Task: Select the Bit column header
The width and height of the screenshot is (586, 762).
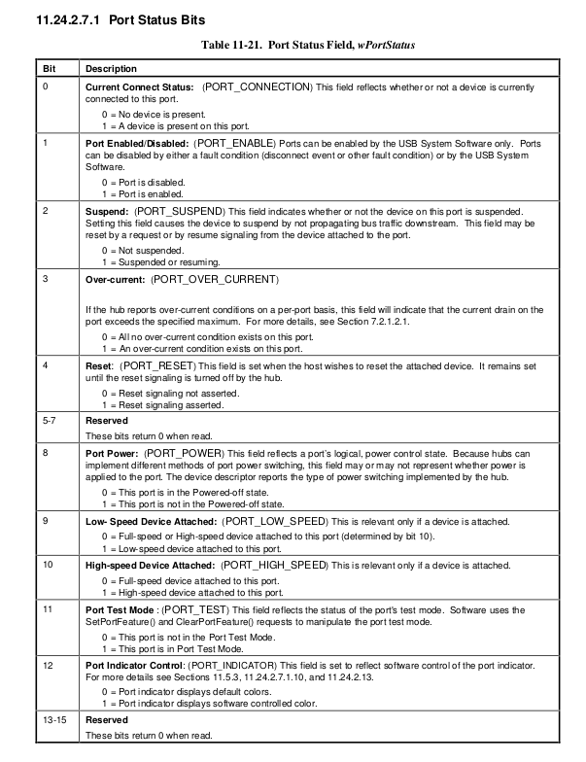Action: click(x=48, y=69)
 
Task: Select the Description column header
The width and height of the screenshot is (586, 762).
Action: click(x=112, y=69)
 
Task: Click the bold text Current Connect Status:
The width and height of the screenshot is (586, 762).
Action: click(x=140, y=87)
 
